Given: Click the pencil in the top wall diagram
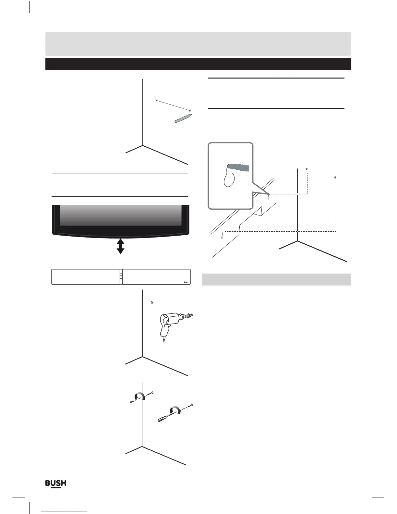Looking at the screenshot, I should click(183, 118).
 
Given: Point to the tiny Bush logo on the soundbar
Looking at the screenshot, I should click(186, 282).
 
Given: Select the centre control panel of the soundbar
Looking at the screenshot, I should click(121, 277).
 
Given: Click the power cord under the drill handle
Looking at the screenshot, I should click(164, 339).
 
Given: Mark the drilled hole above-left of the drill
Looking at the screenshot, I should click(152, 303).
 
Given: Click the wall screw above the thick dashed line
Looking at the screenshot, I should click(307, 169).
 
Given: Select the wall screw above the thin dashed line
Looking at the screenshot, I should click(335, 177).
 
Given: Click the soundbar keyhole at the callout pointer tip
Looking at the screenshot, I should click(269, 197).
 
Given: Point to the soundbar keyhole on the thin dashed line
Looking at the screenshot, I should click(223, 235).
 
